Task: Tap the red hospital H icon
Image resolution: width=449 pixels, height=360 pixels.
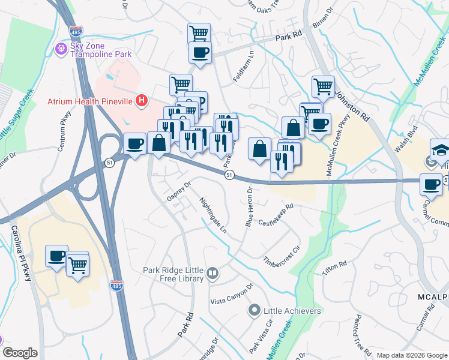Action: click(142, 100)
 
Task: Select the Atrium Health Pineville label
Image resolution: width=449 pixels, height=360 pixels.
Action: click(90, 101)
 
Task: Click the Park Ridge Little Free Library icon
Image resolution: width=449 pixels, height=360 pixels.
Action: click(212, 275)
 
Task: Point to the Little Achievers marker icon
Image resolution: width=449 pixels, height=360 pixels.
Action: click(254, 311)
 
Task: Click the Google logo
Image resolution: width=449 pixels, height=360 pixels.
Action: click(20, 353)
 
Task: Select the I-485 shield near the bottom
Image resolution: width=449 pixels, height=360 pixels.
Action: click(116, 286)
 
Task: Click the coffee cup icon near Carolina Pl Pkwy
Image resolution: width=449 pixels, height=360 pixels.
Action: click(58, 255)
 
